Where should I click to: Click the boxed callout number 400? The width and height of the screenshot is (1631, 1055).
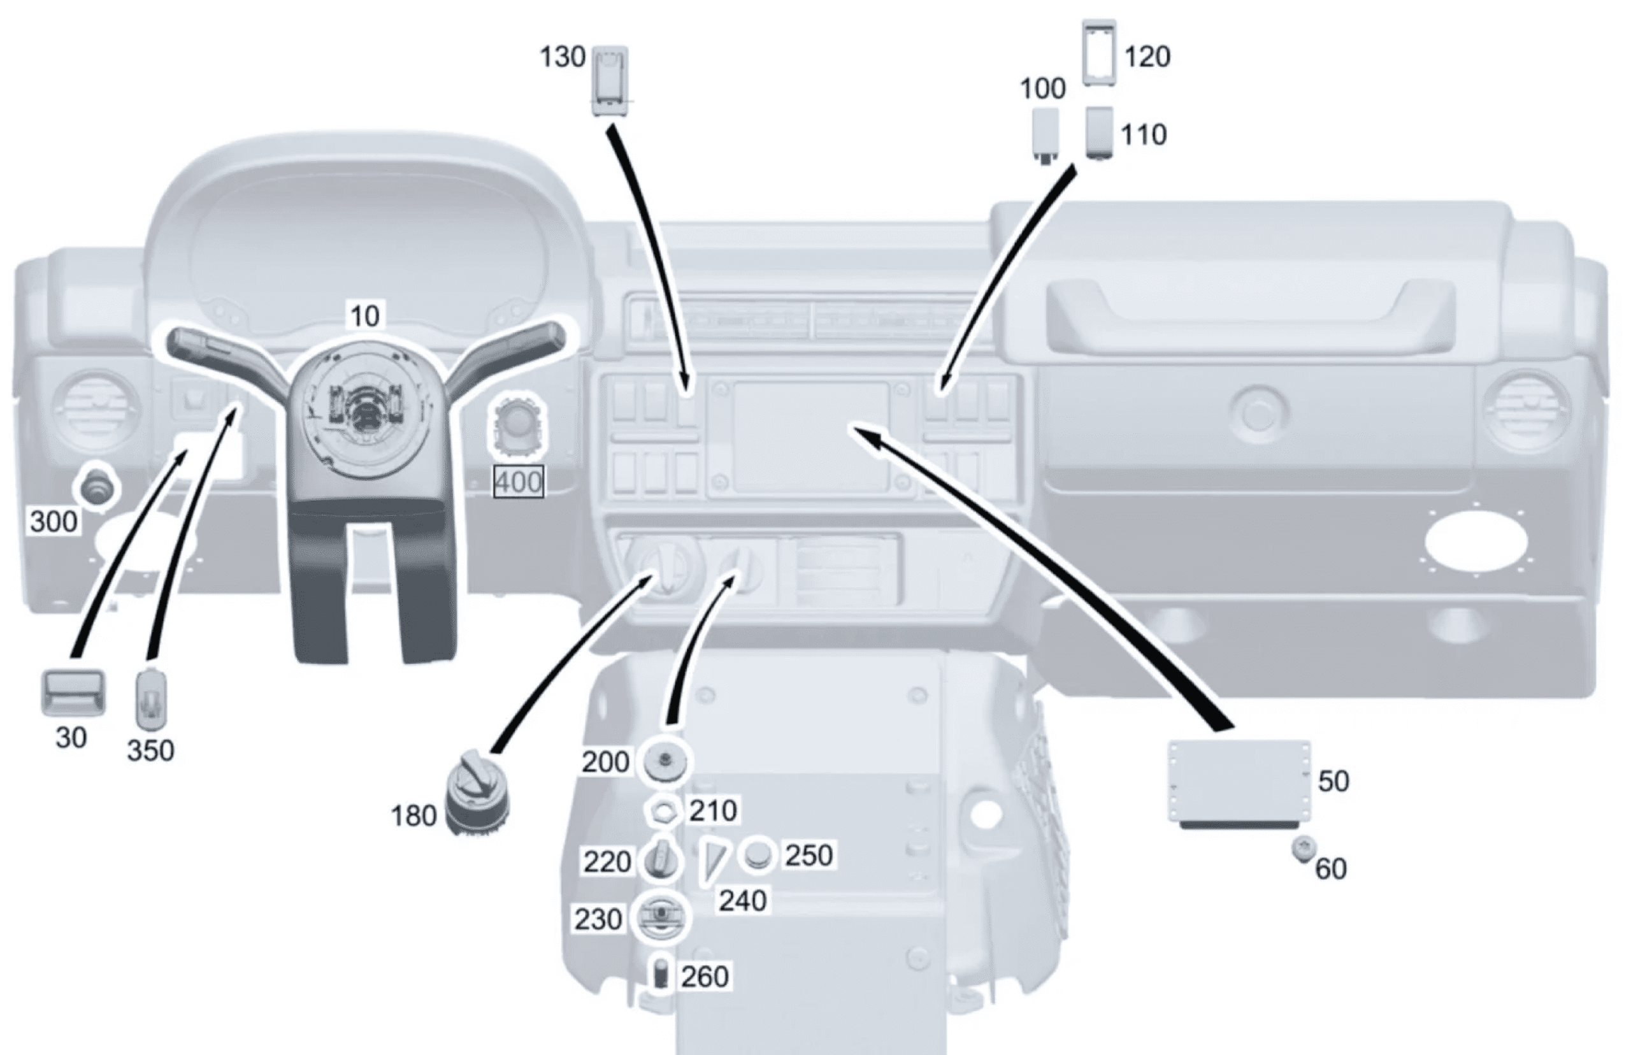click(x=519, y=482)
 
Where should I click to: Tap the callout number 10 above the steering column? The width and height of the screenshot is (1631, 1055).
click(x=364, y=317)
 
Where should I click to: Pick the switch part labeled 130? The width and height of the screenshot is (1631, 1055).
click(x=610, y=82)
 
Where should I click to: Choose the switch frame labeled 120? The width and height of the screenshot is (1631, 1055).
click(x=1100, y=53)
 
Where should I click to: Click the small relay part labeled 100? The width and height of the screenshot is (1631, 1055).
click(x=1045, y=135)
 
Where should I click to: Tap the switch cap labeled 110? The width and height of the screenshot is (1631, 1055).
click(x=1100, y=133)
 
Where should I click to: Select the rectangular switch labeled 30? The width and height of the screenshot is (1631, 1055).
click(x=73, y=693)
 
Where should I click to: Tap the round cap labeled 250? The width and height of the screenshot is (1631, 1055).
click(x=758, y=855)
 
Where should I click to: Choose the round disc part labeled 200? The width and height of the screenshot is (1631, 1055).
click(x=664, y=761)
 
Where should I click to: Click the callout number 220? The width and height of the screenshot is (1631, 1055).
click(x=607, y=862)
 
